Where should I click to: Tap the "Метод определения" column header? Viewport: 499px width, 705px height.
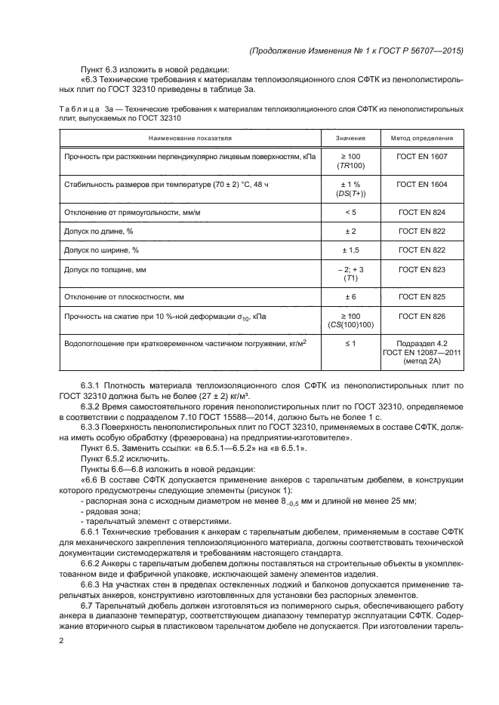(421, 139)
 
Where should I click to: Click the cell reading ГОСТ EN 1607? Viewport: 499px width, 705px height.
(421, 155)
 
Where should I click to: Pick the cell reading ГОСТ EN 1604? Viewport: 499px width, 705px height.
(421, 184)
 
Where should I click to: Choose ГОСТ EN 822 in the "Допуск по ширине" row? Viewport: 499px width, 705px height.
(421, 249)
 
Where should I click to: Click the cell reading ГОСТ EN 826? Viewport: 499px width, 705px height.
(421, 317)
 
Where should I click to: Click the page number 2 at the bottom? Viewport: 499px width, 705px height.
(60, 640)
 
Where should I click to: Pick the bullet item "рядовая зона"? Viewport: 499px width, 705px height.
(106, 510)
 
